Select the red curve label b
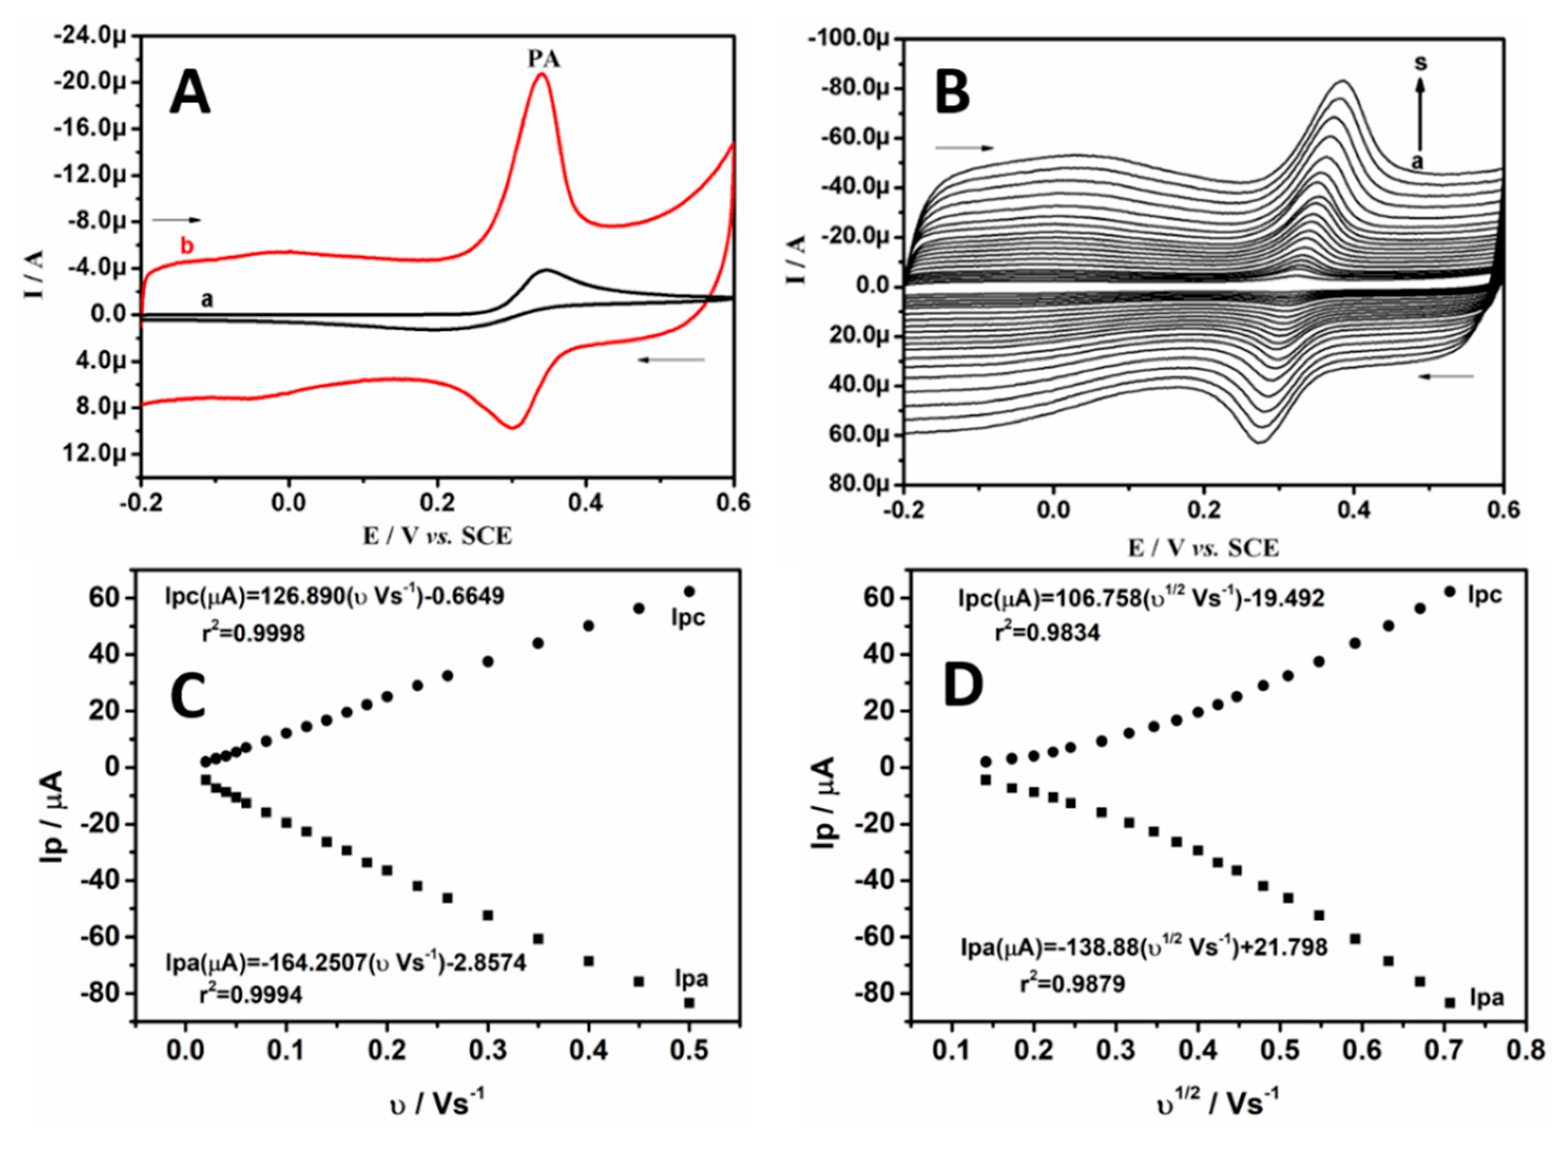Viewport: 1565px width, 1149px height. [187, 246]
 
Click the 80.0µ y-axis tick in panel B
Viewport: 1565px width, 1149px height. [857, 484]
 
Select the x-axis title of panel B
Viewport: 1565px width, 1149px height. [1203, 548]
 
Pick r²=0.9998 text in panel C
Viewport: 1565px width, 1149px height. [252, 633]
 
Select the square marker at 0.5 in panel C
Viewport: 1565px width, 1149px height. [689, 1002]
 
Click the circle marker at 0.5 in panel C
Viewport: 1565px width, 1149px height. [689, 591]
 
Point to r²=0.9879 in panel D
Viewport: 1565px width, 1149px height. [1073, 984]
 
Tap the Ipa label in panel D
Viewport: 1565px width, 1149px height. [1486, 998]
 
